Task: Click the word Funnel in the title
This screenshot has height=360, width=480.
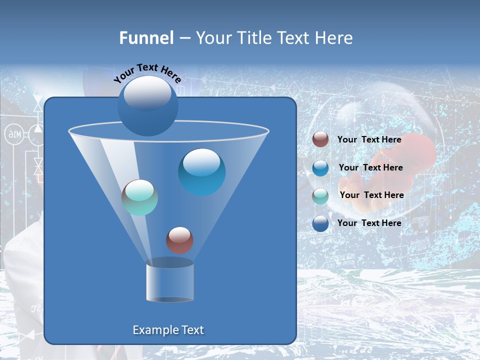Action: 146,38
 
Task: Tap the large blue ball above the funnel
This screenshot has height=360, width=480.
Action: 147,105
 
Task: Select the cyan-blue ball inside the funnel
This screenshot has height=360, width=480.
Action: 201,171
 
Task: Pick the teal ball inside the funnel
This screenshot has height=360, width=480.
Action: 139,197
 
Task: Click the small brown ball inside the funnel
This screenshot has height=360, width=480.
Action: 179,240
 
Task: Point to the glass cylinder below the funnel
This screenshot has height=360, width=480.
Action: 169,281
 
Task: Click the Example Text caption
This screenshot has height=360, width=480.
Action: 168,330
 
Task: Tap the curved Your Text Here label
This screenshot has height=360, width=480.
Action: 147,73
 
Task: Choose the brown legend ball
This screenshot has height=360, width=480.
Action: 320,139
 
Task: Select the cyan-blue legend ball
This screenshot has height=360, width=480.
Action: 320,168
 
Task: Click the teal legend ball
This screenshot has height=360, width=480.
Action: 320,196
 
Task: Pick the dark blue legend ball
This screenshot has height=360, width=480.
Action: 320,223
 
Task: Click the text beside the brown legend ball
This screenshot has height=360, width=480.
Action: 369,139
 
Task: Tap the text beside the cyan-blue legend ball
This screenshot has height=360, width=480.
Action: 370,167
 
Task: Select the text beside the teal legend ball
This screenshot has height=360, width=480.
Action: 371,195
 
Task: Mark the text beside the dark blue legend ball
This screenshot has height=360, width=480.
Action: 369,223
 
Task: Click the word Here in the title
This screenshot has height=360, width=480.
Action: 334,38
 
